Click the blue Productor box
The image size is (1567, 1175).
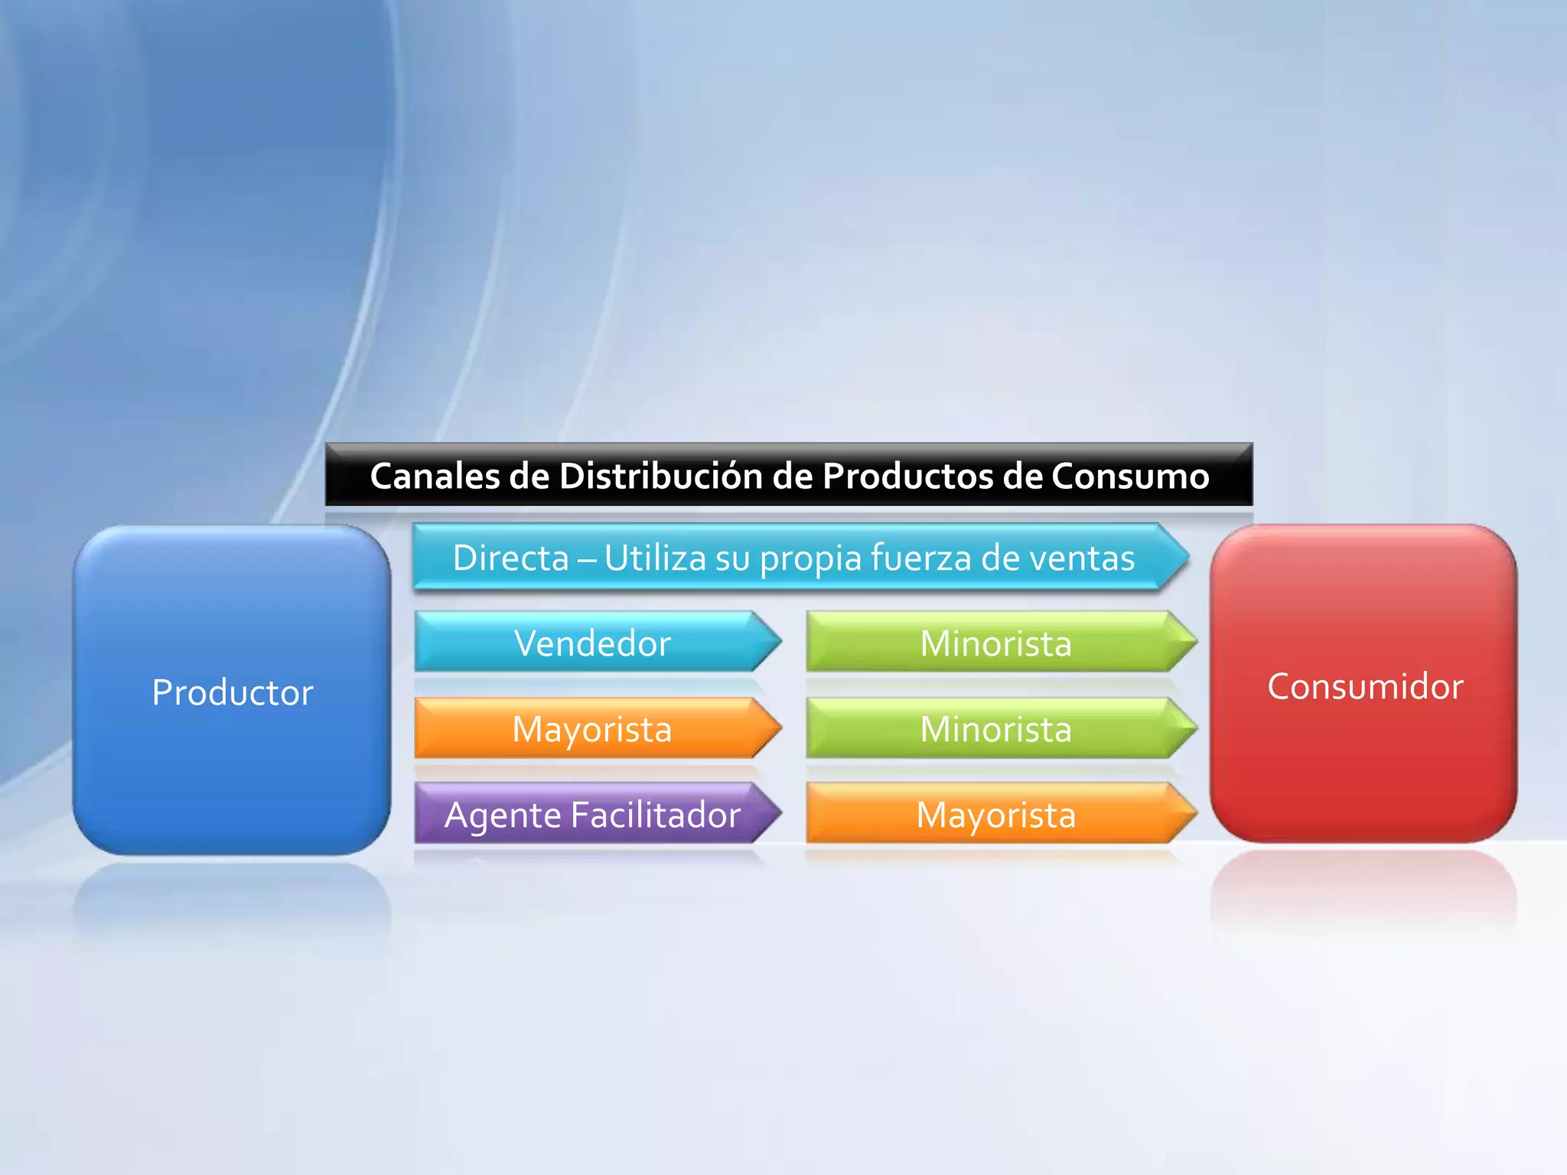[232, 691]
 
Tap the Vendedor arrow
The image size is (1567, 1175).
[593, 643]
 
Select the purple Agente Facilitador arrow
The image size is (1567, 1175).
[593, 814]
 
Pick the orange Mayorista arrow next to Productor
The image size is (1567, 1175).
[593, 728]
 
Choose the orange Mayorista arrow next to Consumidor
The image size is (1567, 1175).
[995, 814]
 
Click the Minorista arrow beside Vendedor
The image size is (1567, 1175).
[995, 643]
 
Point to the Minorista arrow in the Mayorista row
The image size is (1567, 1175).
[995, 728]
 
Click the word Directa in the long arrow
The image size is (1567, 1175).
[510, 557]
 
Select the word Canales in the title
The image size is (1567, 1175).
[435, 476]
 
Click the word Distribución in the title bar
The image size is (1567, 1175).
[661, 476]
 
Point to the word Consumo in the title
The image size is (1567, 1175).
[1130, 476]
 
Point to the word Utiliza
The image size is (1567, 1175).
[655, 557]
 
